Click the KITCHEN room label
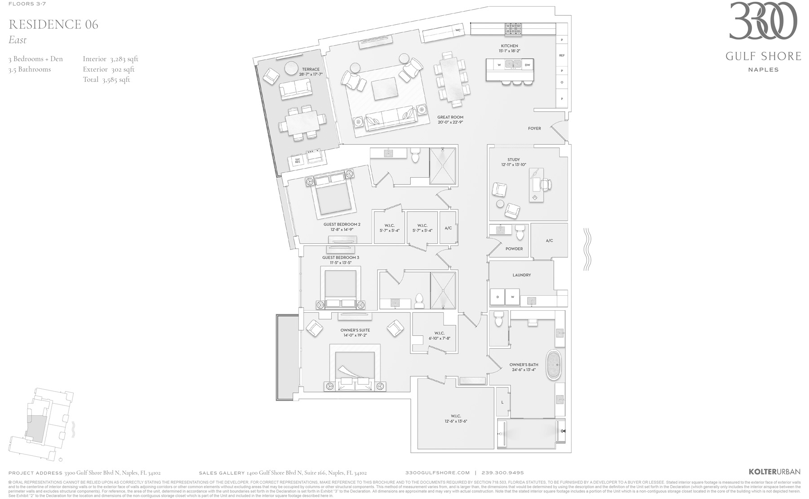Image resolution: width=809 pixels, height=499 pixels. coord(509,46)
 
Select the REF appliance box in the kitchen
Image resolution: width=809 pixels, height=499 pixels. coord(561,56)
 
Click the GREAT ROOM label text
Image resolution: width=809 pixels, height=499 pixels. coord(450,117)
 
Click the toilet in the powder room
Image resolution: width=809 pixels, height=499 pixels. coord(520,232)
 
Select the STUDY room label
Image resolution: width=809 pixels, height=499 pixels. coord(513,160)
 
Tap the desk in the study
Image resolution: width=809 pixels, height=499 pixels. coord(536,185)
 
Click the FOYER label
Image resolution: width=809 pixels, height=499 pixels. coord(534,129)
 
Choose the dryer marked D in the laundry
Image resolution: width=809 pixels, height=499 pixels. coord(498,297)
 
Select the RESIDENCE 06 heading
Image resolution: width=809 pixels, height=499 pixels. coord(53,24)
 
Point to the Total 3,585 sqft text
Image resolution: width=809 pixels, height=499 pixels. coord(107,80)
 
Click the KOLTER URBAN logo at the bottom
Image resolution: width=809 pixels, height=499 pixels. coord(774,472)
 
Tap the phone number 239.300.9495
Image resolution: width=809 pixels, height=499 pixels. coord(502,472)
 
